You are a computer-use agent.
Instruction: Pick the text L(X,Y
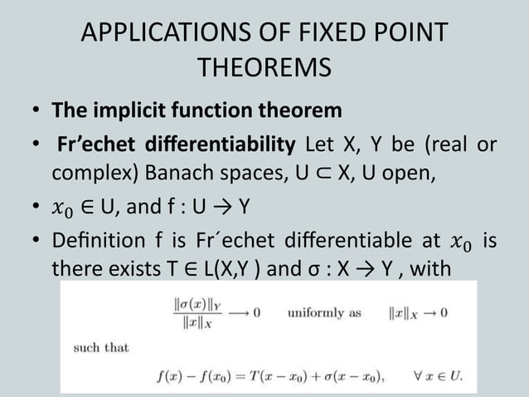[x=251, y=272]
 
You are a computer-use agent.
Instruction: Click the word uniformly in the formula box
[x=316, y=314]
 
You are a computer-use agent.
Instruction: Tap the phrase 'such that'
[x=101, y=347]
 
